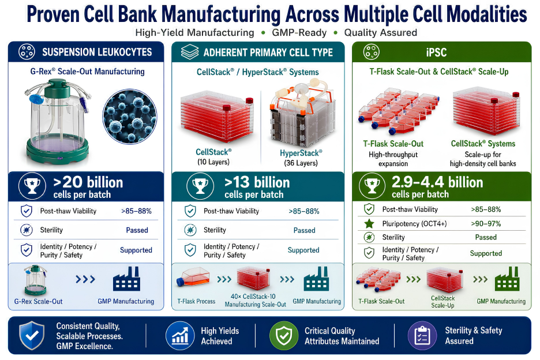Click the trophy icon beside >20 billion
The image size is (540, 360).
(x=32, y=186)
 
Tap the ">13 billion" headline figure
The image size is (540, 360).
(x=257, y=182)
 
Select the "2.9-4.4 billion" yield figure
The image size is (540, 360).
(x=437, y=182)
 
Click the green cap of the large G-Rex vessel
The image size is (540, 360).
(x=57, y=88)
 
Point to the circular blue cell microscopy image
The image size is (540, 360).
(x=129, y=117)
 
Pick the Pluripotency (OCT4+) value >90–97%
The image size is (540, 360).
(x=486, y=224)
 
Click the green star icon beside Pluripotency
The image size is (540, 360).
(x=369, y=224)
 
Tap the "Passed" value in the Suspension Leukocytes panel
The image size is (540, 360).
(x=137, y=230)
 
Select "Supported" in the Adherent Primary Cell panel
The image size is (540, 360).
(x=303, y=250)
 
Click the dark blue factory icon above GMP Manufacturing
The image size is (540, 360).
(x=126, y=279)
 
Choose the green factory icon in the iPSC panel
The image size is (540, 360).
(x=507, y=279)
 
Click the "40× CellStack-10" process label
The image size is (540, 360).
(x=253, y=297)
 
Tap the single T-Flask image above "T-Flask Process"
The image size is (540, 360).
(x=193, y=277)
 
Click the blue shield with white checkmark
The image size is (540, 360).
(x=32, y=335)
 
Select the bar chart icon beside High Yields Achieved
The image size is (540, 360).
(x=180, y=336)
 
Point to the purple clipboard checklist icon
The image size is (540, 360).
(x=422, y=336)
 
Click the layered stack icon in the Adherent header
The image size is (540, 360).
(x=190, y=52)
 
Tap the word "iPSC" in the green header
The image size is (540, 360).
(x=436, y=52)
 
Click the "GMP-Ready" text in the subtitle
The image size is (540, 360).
(x=299, y=33)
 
